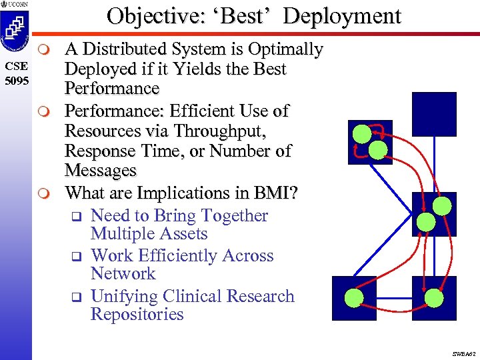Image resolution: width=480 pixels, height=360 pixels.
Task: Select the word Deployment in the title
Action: tap(342, 15)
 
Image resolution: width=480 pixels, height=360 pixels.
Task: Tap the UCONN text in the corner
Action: tap(18, 5)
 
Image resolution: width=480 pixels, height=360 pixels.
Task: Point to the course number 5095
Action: tap(15, 81)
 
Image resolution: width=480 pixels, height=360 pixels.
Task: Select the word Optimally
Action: tap(285, 49)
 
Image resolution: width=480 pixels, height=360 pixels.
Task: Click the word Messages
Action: tap(100, 171)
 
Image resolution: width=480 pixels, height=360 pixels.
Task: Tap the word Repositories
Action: tap(137, 315)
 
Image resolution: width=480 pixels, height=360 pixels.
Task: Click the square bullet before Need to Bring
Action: tap(76, 216)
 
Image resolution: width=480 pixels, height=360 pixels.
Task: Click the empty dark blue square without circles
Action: tap(434, 114)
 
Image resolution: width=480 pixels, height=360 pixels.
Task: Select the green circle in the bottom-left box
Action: tap(354, 297)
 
